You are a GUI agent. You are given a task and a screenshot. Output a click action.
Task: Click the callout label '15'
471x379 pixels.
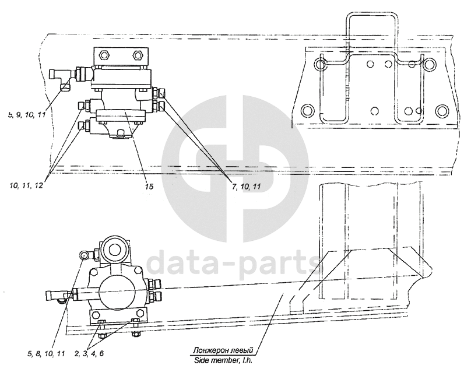[x=149, y=187]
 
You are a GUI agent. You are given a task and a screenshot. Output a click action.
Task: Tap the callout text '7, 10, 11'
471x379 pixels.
[x=246, y=187]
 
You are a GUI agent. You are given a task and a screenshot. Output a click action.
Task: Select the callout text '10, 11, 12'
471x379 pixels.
[x=26, y=185]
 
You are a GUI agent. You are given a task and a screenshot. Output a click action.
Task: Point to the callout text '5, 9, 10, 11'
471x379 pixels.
[x=27, y=114]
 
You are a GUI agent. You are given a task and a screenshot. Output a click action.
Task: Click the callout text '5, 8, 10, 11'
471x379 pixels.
[x=46, y=354]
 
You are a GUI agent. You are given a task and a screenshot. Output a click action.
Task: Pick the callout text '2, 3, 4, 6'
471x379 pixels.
[x=89, y=353]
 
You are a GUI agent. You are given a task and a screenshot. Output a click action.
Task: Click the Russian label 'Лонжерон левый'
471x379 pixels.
[x=223, y=350]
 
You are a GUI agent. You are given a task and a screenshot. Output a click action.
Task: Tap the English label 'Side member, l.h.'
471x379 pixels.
[x=223, y=360]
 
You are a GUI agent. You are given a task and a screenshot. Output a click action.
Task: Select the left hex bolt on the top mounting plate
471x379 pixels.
[x=104, y=55]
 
